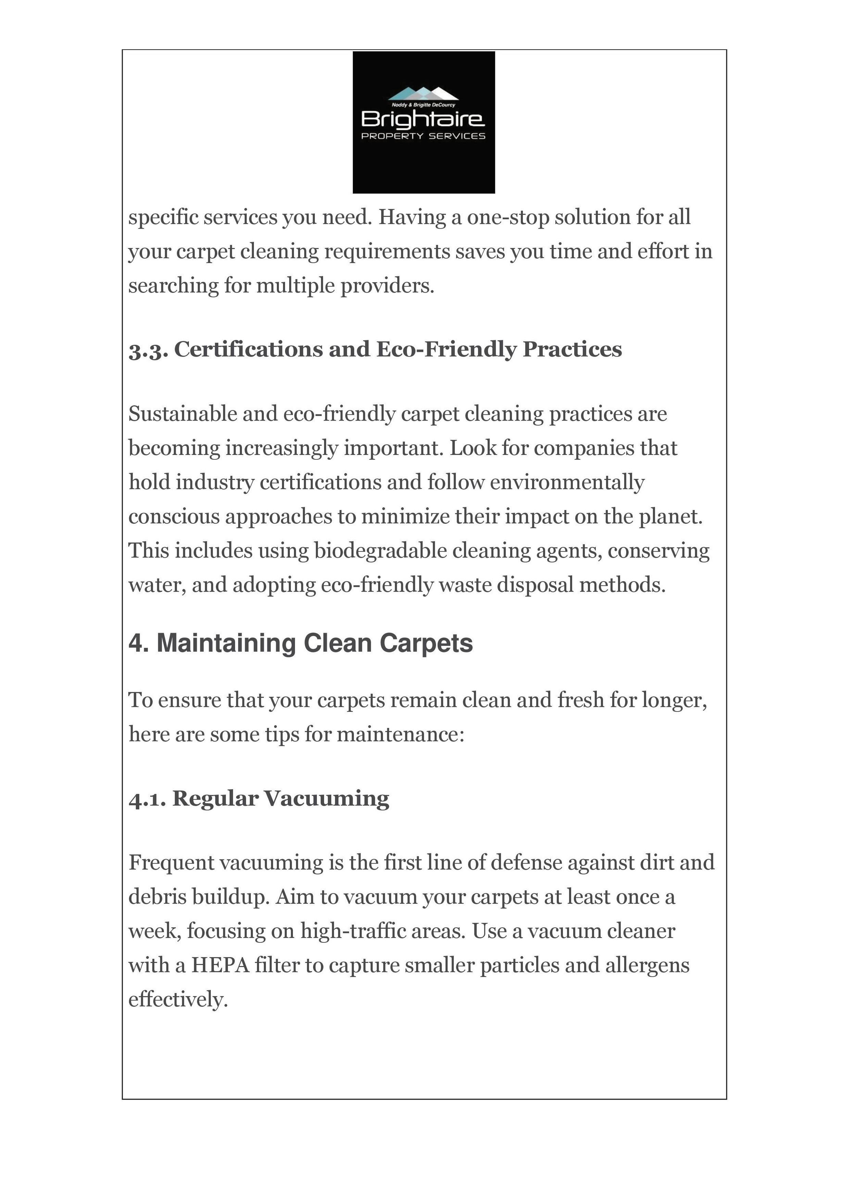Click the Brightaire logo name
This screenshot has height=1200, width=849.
point(423,120)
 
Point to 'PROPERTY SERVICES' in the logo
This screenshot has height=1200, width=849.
point(423,136)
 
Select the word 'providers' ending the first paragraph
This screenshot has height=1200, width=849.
point(387,286)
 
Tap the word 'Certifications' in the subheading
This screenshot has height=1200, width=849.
point(248,349)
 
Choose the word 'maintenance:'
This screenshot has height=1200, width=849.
point(401,734)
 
